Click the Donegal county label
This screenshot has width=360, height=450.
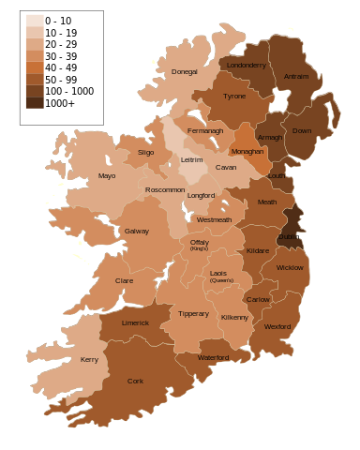pos(185,72)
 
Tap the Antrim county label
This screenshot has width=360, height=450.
pos(295,77)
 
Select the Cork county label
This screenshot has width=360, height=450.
pos(135,382)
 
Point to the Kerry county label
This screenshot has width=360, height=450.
pos(90,360)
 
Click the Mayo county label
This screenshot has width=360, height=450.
pos(107,175)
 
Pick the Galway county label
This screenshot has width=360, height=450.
pos(137,231)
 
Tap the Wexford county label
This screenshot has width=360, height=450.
pos(277,326)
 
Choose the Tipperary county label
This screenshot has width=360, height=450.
pos(193,313)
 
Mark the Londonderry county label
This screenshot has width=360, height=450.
pos(247,66)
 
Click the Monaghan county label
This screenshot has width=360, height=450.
pos(247,151)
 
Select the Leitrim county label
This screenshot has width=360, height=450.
pos(191,160)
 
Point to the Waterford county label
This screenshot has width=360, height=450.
pos(214,357)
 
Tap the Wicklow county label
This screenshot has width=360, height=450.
pos(290,267)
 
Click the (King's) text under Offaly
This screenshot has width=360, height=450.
pos(199,249)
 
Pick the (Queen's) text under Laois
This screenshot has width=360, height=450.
pos(221,280)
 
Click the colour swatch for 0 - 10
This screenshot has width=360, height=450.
pos(34,21)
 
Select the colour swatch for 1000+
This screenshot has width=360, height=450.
pos(34,103)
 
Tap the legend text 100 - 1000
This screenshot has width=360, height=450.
pos(70,91)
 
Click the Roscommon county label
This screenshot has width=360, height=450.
pos(165,190)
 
